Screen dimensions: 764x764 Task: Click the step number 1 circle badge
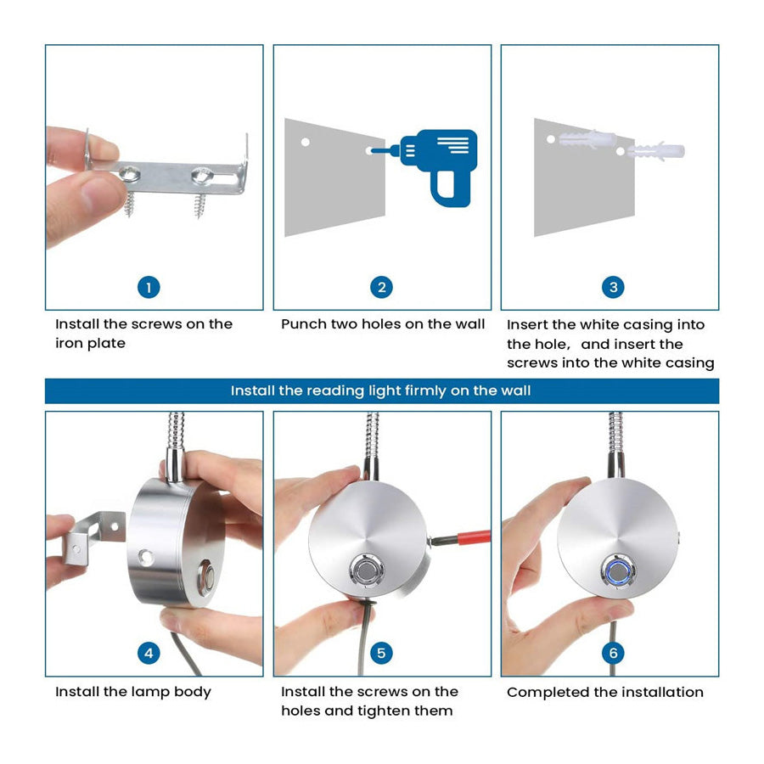[x=149, y=288]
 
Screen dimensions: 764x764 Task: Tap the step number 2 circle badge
[x=381, y=288]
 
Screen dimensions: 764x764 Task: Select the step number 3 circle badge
[x=614, y=288]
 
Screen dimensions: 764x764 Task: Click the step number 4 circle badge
[x=149, y=653]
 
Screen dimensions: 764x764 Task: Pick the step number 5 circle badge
[x=381, y=653]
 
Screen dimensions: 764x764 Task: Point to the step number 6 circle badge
[x=614, y=653]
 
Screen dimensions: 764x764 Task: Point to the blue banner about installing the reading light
[x=381, y=390]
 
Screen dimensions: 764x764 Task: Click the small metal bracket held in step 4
[x=93, y=535]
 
